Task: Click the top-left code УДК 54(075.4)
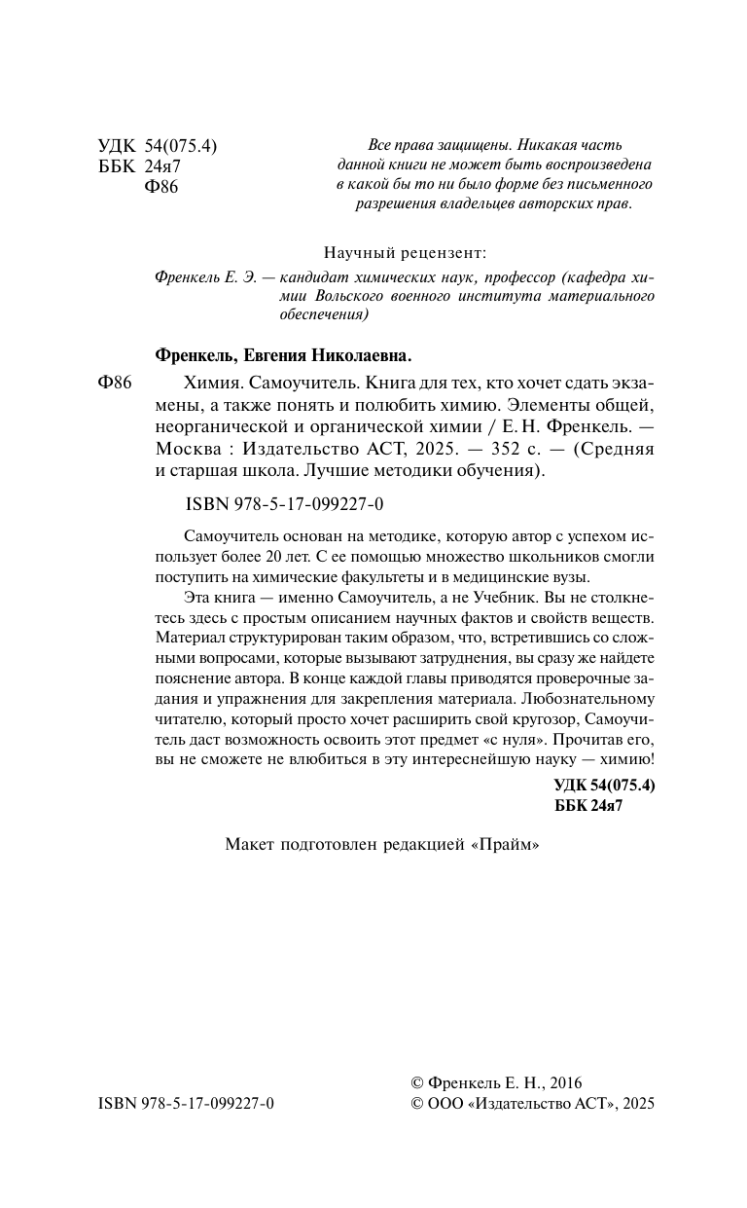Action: click(157, 146)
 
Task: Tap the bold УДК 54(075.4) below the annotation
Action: click(604, 785)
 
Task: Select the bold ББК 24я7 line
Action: click(587, 805)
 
